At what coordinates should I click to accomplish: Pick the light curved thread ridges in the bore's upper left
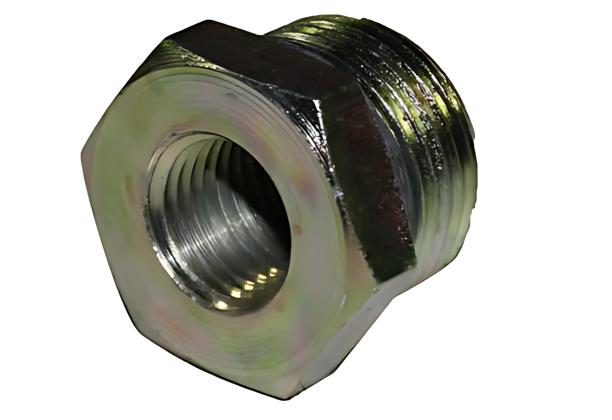pyautogui.click(x=182, y=162)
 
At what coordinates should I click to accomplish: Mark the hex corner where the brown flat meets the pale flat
pyautogui.click(x=415, y=266)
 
